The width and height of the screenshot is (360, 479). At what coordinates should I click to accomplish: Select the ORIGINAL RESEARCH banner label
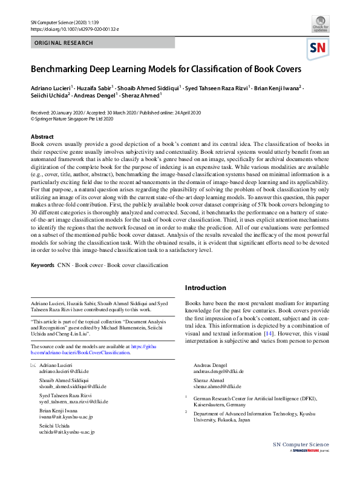click(x=64, y=43)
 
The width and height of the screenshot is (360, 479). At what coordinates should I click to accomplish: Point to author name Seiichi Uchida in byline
click(x=50, y=95)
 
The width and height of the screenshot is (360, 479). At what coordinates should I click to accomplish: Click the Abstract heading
click(x=42, y=137)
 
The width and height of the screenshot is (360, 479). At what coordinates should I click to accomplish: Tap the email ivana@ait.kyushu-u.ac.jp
click(x=65, y=417)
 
